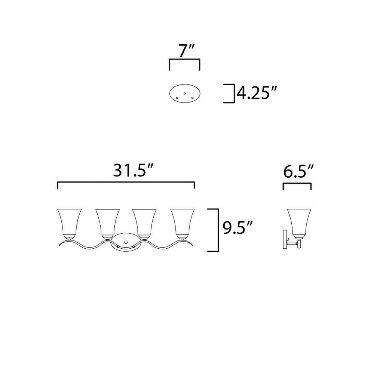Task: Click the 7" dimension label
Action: click(x=184, y=51)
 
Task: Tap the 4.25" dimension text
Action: click(x=257, y=93)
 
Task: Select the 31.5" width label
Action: click(x=133, y=171)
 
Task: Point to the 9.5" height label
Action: click(x=237, y=227)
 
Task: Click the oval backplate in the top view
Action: click(x=185, y=84)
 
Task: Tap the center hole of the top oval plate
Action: click(x=185, y=93)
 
